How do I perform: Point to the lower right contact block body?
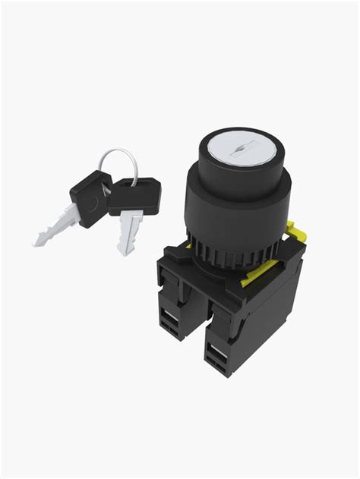[228, 334]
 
